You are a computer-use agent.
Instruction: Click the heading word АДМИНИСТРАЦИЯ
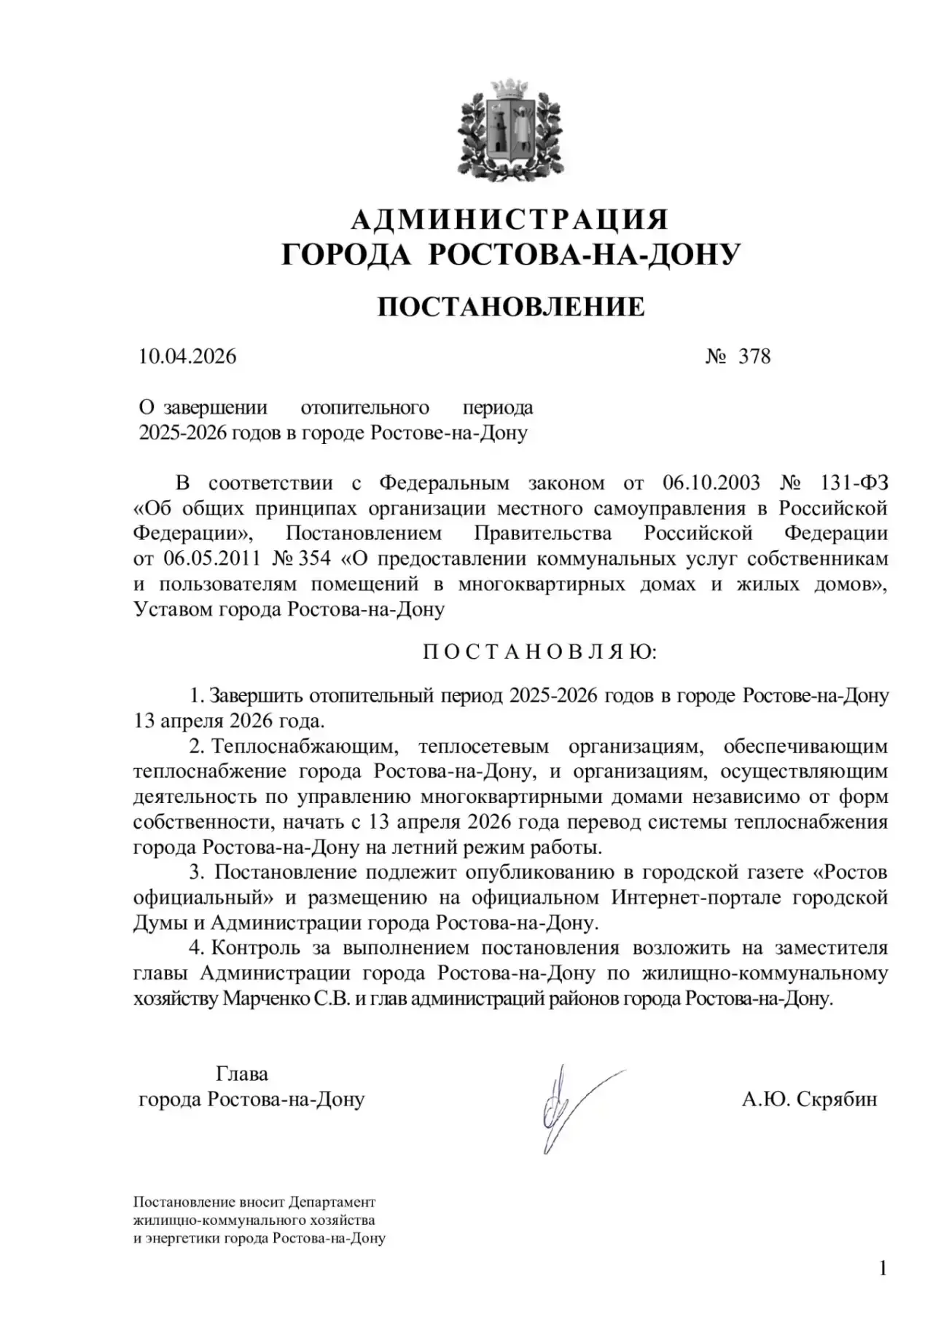tap(510, 219)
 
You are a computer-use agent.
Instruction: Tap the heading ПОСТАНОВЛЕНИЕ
tap(510, 308)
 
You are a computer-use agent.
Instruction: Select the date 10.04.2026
tap(188, 356)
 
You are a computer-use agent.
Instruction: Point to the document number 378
tap(754, 356)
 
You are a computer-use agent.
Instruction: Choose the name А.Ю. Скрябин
tap(809, 1099)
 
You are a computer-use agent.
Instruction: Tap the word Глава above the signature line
tap(242, 1073)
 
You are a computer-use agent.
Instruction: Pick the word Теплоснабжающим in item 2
tap(305, 746)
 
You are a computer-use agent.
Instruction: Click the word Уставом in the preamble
tap(173, 609)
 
